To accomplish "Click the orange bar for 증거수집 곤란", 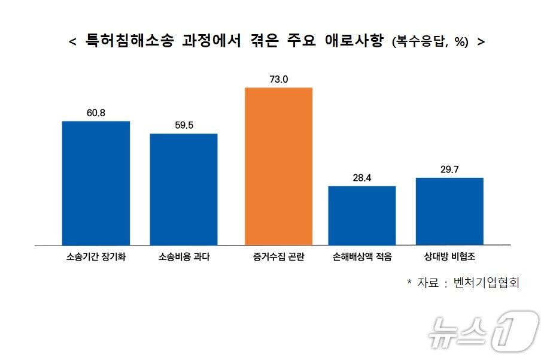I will (x=278, y=166).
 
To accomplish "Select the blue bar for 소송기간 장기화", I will (x=96, y=183).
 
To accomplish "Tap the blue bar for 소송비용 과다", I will (x=183, y=189).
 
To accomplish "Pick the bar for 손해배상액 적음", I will (x=362, y=215).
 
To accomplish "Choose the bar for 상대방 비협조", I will (x=449, y=211).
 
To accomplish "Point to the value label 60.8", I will (x=96, y=113).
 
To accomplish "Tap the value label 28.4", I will (x=362, y=178).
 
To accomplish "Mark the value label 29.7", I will (x=449, y=170).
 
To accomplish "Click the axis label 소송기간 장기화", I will (x=96, y=258).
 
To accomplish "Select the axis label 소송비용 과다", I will (x=184, y=258).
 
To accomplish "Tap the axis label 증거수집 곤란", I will (x=278, y=258).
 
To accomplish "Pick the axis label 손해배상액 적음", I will (x=362, y=258).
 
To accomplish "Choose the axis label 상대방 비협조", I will (x=449, y=258).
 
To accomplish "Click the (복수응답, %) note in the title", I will (x=430, y=43).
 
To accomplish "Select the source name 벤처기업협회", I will (x=487, y=282).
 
